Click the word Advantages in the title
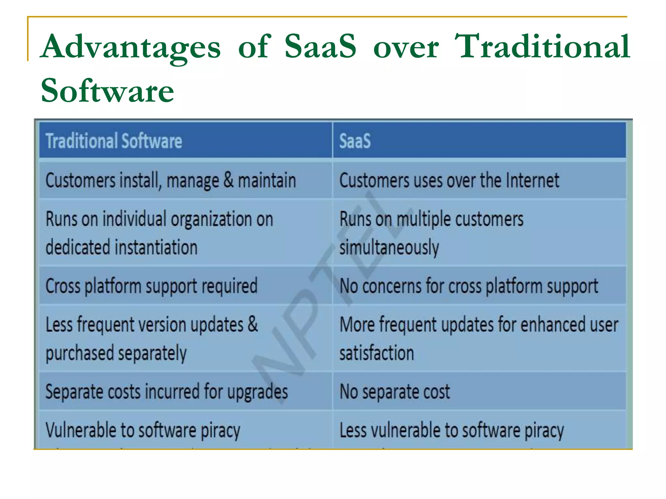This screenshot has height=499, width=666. pos(131,48)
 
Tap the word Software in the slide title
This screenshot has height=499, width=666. pos(107,91)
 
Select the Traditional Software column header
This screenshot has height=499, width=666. pos(114,141)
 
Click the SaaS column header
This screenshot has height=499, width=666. pos(355,141)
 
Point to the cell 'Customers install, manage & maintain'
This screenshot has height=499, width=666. pos(171,181)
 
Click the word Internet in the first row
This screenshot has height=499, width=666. pos(532,181)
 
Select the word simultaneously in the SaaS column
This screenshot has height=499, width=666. pos(389,248)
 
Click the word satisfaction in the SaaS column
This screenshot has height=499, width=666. pos(377,353)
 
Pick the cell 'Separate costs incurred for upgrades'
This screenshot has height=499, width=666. pos(166,392)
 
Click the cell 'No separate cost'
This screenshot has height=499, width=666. pos(394,392)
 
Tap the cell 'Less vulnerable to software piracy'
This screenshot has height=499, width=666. pos(452,430)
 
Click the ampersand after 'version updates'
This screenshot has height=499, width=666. pos(253,325)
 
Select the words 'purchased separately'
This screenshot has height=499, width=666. pos(116,353)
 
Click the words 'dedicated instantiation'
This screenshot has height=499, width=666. pos(121,248)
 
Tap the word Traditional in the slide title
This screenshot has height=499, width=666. pos(542,48)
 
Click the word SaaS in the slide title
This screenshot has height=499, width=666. pos(320,48)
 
